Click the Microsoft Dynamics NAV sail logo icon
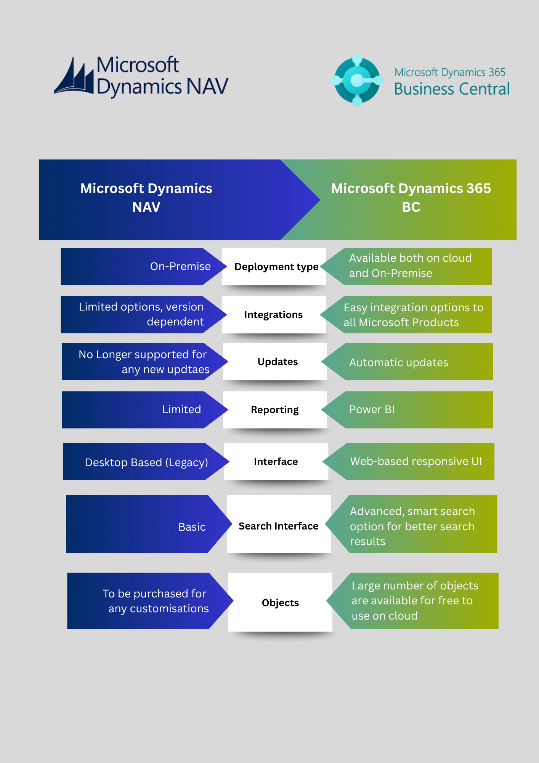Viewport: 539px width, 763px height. (74, 76)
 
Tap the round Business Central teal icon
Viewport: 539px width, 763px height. (357, 80)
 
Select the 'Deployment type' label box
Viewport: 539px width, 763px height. (276, 267)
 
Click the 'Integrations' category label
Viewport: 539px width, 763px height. (273, 315)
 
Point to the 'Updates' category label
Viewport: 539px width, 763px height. (278, 362)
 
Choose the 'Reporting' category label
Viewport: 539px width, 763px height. (274, 410)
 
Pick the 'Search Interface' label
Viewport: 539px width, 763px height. (278, 526)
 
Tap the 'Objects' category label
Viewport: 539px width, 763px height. (280, 603)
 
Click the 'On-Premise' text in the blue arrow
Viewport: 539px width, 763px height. (180, 266)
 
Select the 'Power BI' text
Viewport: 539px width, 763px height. (372, 409)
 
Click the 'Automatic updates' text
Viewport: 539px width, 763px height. (398, 362)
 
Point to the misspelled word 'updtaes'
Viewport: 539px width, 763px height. (188, 370)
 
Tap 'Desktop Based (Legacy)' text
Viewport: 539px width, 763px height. (146, 462)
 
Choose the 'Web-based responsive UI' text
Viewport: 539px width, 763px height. (416, 461)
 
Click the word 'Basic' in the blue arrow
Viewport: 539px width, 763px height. (192, 527)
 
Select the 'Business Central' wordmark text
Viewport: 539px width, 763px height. (452, 89)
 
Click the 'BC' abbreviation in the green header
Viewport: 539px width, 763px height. (411, 207)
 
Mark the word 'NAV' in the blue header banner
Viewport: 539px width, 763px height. (146, 207)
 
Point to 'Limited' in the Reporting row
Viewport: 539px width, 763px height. (181, 409)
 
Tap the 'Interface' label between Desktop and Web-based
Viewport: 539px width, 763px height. (276, 462)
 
